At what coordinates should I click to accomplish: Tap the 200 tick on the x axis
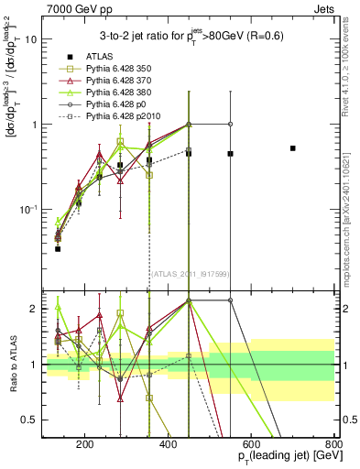[84, 445]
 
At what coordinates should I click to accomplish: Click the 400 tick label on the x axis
[168, 445]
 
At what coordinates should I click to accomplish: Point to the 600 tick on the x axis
[251, 445]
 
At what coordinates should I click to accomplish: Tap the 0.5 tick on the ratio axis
[30, 420]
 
